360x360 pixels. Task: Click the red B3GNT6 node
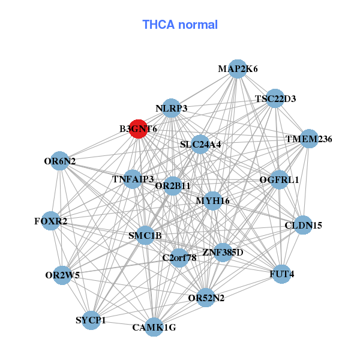coord(138,129)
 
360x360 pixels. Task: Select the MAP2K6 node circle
coord(238,69)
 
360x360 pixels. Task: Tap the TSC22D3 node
coord(275,98)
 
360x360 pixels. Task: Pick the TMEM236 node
coord(309,139)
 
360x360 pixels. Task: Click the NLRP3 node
coord(171,108)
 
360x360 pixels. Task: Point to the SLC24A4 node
coord(200,145)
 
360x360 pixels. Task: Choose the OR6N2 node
coord(59,161)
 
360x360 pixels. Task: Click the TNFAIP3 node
coord(133,179)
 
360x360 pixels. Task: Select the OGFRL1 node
coord(279,180)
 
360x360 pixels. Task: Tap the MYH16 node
coord(212,201)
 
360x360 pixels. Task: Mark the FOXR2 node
coord(51,221)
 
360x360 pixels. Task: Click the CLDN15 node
coord(303,225)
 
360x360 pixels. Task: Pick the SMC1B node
coord(145,235)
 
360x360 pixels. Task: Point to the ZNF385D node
coord(223,253)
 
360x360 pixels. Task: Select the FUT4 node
coord(281,274)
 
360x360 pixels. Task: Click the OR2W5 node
coord(62,275)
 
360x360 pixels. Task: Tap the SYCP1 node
coord(91,320)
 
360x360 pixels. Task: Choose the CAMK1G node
coord(154,327)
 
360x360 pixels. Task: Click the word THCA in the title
coord(158,25)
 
